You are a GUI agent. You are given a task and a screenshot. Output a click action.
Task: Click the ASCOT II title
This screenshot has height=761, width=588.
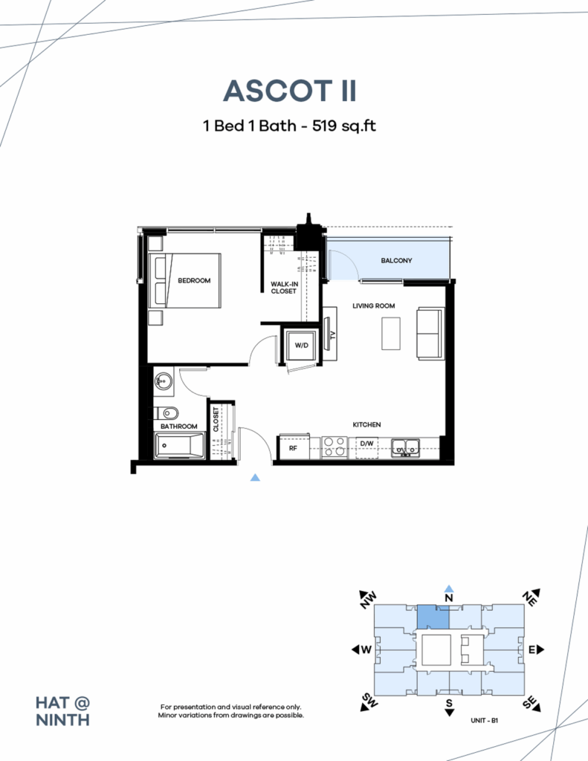(x=290, y=91)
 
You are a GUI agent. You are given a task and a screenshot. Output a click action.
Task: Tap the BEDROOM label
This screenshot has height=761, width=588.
(x=194, y=281)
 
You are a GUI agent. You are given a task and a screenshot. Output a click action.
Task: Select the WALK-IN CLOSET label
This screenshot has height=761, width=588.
(x=283, y=288)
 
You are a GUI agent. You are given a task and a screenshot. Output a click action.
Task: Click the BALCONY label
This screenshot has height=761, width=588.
(x=396, y=261)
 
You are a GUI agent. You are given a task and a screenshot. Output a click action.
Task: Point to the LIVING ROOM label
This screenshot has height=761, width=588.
(x=373, y=305)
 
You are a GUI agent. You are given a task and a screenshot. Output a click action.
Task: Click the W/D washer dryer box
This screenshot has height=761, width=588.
(x=302, y=346)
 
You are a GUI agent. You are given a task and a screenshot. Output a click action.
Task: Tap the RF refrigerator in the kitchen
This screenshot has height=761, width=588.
(x=293, y=448)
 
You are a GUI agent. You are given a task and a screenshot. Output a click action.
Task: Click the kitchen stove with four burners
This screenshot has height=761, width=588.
(x=335, y=446)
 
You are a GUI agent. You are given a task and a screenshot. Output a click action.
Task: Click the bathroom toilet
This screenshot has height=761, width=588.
(x=168, y=413)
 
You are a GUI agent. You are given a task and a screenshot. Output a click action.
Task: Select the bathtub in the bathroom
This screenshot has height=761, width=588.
(x=179, y=446)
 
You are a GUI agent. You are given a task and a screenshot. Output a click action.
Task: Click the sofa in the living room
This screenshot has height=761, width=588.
(x=429, y=333)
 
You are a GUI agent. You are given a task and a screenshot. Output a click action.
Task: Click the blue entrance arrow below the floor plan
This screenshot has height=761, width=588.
(x=256, y=478)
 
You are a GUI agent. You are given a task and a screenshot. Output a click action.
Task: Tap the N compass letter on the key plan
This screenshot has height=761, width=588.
(x=449, y=597)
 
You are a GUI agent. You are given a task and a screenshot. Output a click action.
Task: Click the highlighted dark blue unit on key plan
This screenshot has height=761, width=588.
(x=432, y=617)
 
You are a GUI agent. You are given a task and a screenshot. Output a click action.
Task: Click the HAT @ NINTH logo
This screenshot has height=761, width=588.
(x=63, y=710)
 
